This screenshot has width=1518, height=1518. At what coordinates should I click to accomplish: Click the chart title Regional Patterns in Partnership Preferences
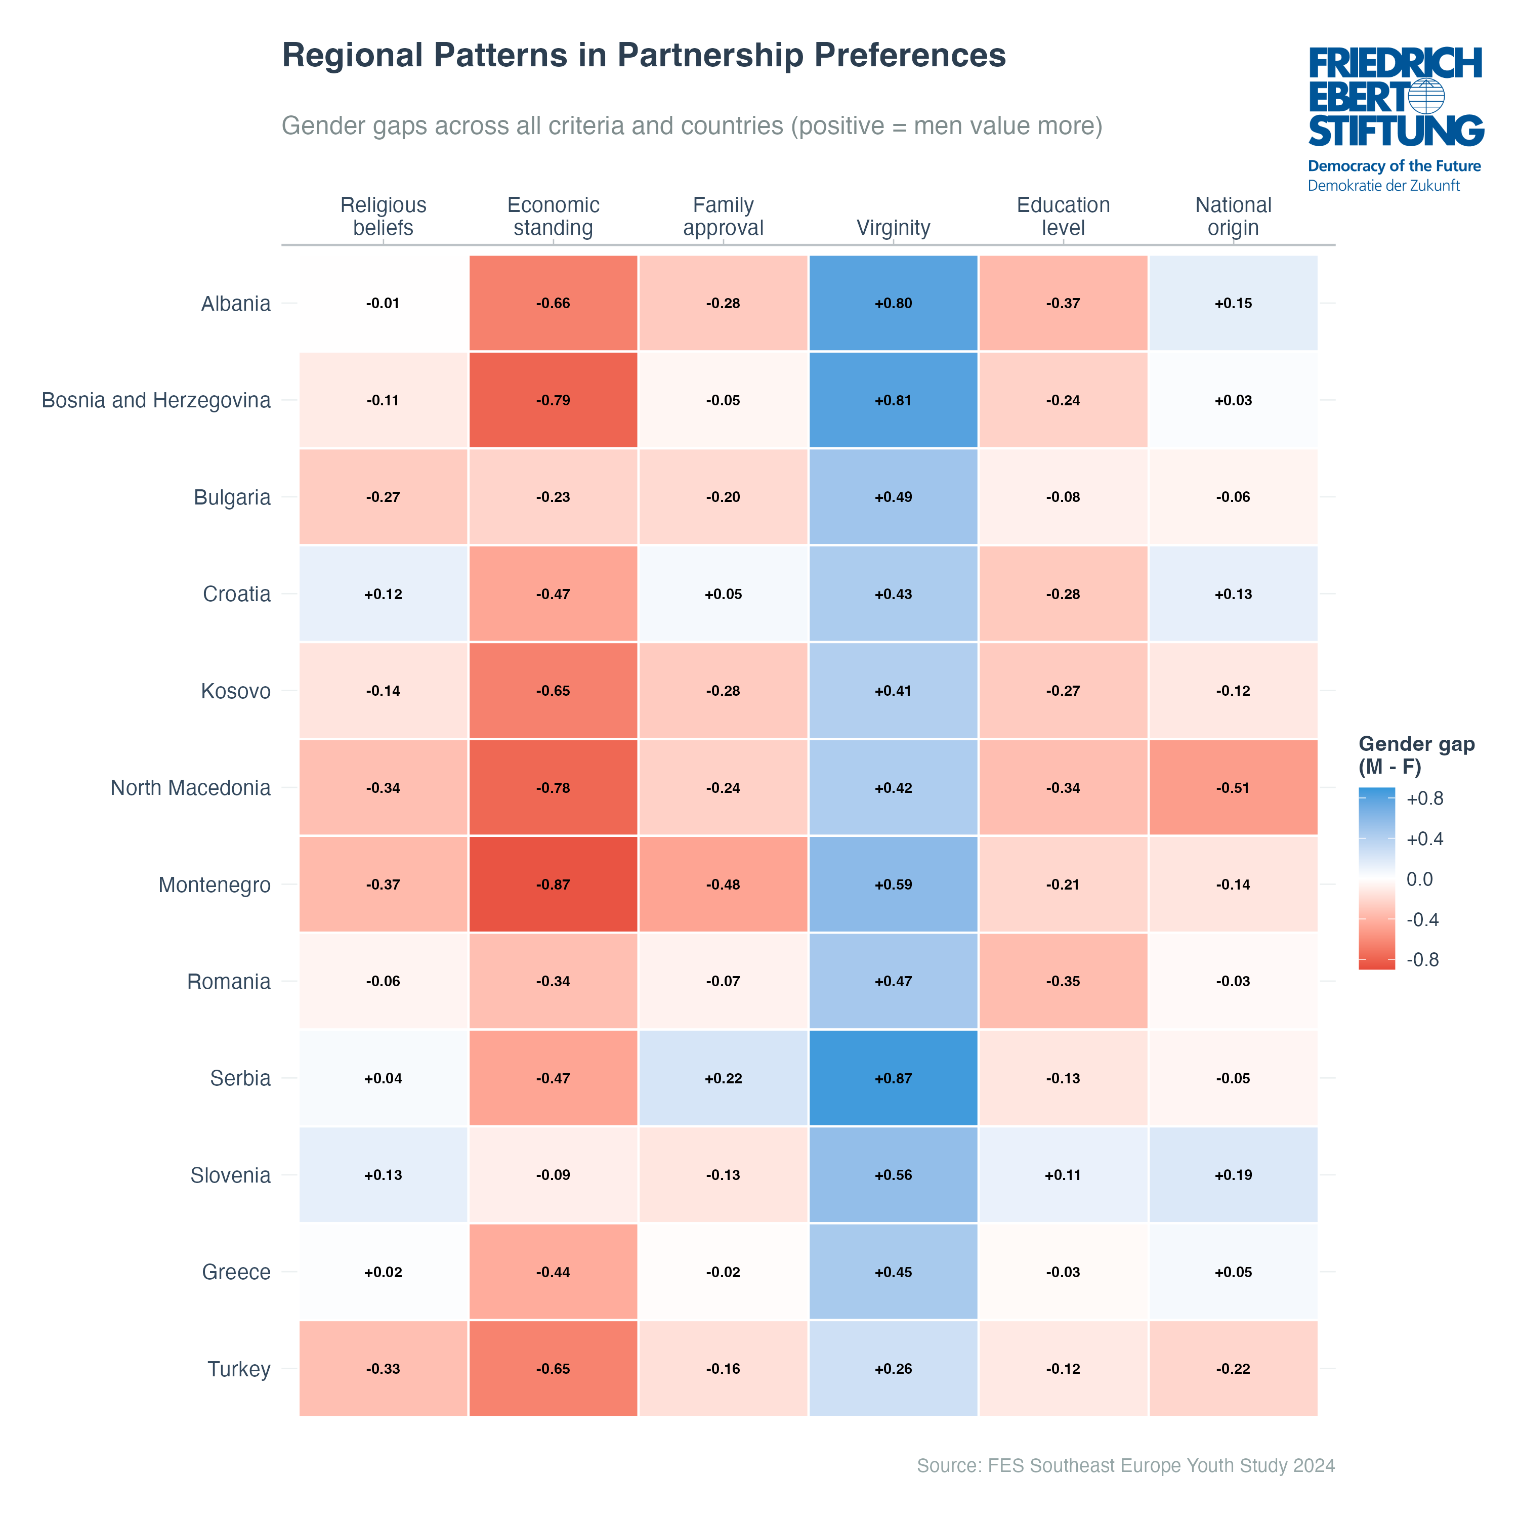pos(644,56)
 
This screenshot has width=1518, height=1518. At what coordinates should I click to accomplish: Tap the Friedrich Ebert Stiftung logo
pos(1396,118)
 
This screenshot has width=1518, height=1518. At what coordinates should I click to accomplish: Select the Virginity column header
pos(894,228)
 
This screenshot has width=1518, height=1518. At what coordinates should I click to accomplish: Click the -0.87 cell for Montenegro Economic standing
pos(553,884)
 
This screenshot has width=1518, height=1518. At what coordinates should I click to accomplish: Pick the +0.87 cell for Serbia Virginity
pos(894,1078)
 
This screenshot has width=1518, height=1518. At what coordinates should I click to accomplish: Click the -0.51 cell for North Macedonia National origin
pos(1233,787)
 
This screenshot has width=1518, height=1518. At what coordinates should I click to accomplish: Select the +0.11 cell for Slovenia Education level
pos(1063,1174)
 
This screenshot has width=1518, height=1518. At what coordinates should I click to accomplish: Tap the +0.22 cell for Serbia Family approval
pos(723,1078)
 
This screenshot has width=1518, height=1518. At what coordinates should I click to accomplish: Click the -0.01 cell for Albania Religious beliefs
pos(383,303)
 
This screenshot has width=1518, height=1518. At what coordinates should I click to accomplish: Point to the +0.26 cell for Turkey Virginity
pos(894,1369)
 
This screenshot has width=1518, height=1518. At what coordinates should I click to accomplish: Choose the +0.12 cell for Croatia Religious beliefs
pos(383,594)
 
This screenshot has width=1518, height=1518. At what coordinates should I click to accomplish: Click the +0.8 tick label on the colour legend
pos(1424,799)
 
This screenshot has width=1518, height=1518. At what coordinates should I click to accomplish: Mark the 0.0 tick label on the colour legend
pos(1419,879)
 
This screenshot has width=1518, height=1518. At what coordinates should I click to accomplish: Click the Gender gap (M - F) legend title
pos(1416,755)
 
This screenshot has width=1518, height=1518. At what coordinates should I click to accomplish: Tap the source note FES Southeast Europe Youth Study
pos(1125,1465)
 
